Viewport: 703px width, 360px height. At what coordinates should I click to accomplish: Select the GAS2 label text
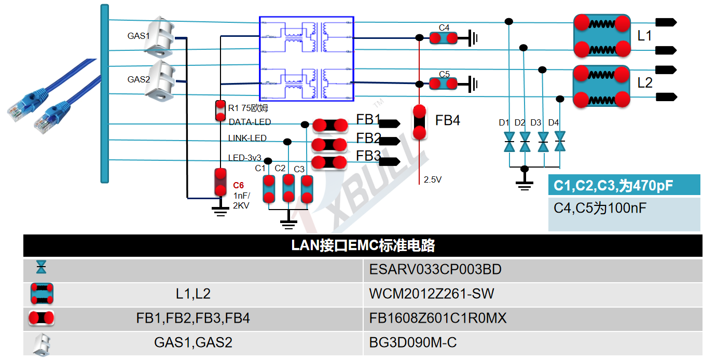[x=139, y=80]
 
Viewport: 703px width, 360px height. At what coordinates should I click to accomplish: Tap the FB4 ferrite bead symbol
[x=419, y=122]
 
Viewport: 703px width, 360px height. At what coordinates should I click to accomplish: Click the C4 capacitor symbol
[x=444, y=38]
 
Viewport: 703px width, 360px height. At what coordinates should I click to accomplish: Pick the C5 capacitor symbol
[x=444, y=84]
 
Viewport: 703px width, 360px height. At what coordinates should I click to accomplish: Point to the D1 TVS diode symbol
[x=509, y=142]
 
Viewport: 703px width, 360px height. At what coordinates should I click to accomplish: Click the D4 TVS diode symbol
[x=560, y=142]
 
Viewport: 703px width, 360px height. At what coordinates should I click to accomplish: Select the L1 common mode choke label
[x=644, y=36]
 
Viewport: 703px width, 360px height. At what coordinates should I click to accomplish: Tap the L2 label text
[x=644, y=83]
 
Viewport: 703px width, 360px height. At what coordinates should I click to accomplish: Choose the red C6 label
[x=238, y=185]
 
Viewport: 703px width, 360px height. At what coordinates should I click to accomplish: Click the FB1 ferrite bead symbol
[x=329, y=125]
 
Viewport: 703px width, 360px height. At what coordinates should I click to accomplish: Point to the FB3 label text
[x=368, y=156]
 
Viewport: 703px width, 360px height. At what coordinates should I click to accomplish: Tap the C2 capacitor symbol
[x=288, y=188]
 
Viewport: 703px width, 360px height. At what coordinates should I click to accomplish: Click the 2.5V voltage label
[x=432, y=180]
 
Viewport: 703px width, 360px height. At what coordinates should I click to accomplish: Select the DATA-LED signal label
[x=250, y=122]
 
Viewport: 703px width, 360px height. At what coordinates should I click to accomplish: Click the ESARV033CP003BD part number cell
[x=435, y=270]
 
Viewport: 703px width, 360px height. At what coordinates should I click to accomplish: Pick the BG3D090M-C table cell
[x=412, y=343]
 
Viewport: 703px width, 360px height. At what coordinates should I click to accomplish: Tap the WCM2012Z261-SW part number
[x=432, y=294]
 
